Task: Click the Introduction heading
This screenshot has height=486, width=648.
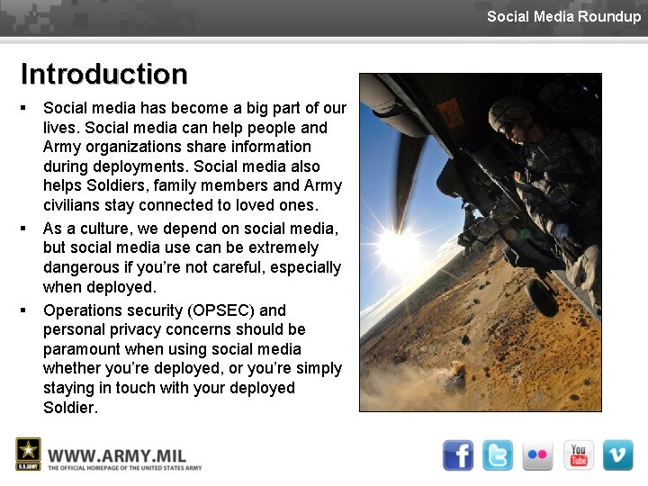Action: (x=103, y=73)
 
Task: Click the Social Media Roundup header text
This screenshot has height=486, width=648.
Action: (x=563, y=16)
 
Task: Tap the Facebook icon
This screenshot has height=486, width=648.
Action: (x=458, y=455)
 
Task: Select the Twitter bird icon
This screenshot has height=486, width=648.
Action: (x=497, y=455)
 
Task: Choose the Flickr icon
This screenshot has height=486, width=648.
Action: (x=538, y=455)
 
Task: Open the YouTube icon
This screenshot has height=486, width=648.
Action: (x=578, y=455)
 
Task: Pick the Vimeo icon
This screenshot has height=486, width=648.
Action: (x=617, y=455)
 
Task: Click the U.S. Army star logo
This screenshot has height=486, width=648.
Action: (x=28, y=454)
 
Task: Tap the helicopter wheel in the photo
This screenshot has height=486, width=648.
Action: (x=540, y=296)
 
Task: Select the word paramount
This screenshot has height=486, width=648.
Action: (x=82, y=349)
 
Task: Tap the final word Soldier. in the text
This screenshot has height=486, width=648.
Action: (x=70, y=408)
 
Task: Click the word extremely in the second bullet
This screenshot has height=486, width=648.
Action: (x=283, y=247)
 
